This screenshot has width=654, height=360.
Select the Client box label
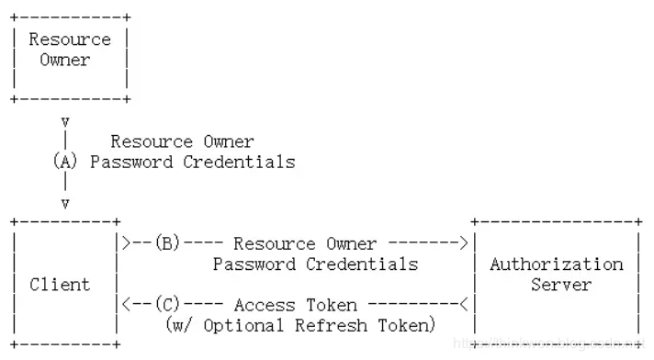coord(60,285)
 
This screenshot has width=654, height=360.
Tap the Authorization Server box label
coord(556,274)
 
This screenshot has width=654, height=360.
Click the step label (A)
coord(65,162)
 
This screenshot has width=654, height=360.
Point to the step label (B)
coord(167,244)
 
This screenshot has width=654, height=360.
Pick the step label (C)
coord(167,305)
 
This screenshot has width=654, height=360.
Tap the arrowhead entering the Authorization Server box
coord(464,244)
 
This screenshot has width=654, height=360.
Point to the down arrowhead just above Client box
coord(65,203)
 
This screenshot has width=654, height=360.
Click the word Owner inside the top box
coord(65,61)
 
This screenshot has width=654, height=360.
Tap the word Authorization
coord(556,264)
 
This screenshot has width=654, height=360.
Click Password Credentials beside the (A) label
coord(193,162)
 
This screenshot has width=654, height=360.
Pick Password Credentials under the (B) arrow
coord(315,264)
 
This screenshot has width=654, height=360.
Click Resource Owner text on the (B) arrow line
coord(305,244)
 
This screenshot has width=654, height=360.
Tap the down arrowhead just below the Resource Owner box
coord(65,120)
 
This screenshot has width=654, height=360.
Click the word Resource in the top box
coord(70,39)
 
